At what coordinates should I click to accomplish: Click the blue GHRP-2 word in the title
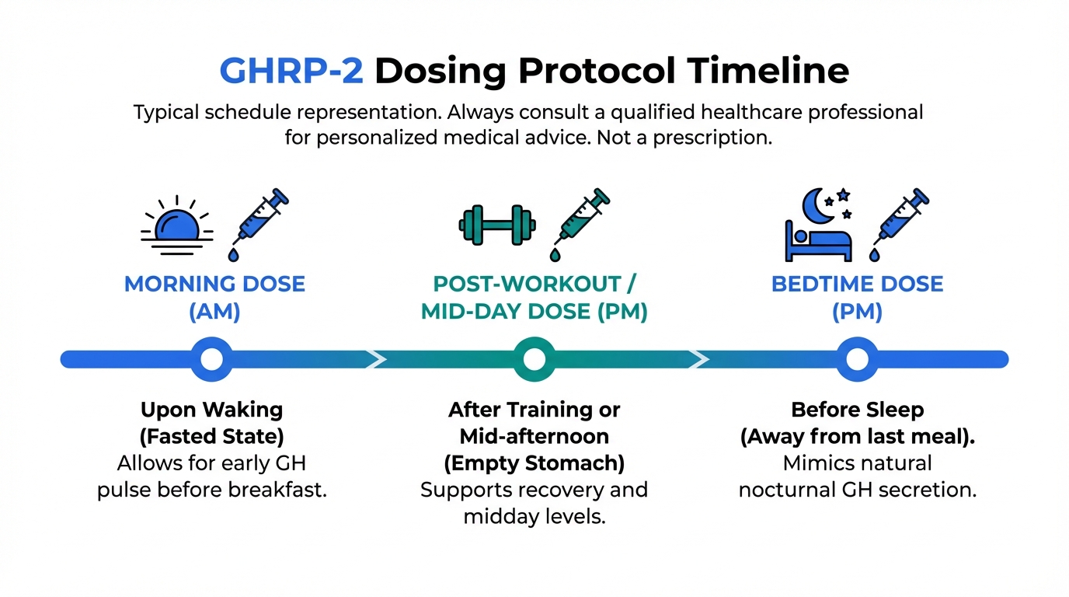pyautogui.click(x=291, y=71)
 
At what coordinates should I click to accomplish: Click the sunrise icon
pyautogui.click(x=177, y=225)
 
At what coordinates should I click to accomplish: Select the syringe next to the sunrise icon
pyautogui.click(x=260, y=225)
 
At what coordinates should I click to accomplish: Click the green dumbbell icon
pyautogui.click(x=496, y=225)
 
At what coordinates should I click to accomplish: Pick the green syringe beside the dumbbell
pyautogui.click(x=581, y=225)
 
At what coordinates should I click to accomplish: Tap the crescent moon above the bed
pyautogui.click(x=817, y=206)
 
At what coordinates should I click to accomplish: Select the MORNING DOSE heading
pyautogui.click(x=214, y=285)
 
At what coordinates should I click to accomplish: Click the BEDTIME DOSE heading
pyautogui.click(x=857, y=285)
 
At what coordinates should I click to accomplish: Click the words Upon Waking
pyautogui.click(x=212, y=410)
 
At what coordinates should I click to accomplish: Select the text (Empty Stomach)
pyautogui.click(x=534, y=463)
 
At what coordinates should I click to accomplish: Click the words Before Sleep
pyautogui.click(x=858, y=410)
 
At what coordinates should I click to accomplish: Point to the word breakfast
pyautogui.click(x=277, y=490)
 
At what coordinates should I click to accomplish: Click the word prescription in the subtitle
pyautogui.click(x=712, y=138)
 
